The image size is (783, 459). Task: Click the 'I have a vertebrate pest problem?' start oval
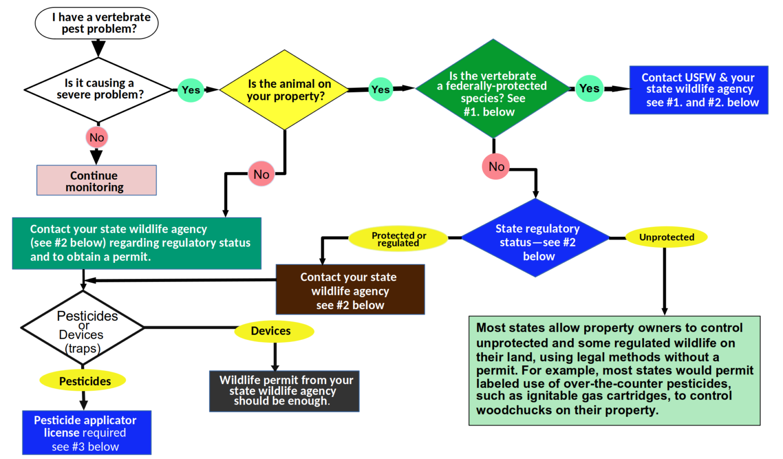96,23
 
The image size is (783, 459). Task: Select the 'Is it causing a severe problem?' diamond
98,89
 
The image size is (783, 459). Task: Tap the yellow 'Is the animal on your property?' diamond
284,90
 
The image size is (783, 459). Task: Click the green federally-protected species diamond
492,89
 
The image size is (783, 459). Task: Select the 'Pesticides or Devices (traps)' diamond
83,328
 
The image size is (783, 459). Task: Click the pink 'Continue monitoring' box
96,180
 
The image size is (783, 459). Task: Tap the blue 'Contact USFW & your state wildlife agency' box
698,90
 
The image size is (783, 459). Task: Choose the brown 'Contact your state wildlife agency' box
350,289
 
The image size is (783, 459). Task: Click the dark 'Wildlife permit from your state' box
284,391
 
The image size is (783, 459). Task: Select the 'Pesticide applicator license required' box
87,433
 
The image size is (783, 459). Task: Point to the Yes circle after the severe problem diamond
191,90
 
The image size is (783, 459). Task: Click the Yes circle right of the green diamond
589,88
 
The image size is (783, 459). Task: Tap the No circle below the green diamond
496,167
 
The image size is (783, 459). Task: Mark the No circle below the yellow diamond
261,174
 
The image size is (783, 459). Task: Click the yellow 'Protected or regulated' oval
398,238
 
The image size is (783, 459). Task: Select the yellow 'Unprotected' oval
666,237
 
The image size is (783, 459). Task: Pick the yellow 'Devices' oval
274,331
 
